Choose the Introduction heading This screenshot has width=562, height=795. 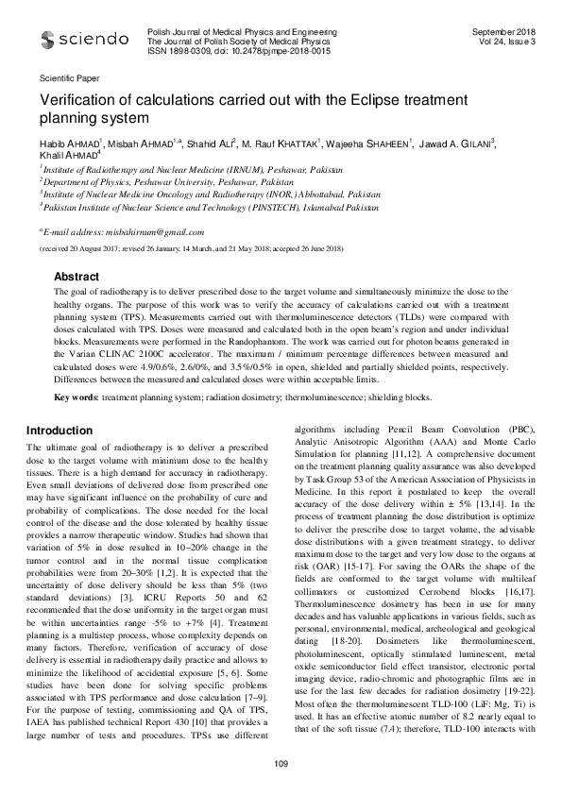point(60,431)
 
